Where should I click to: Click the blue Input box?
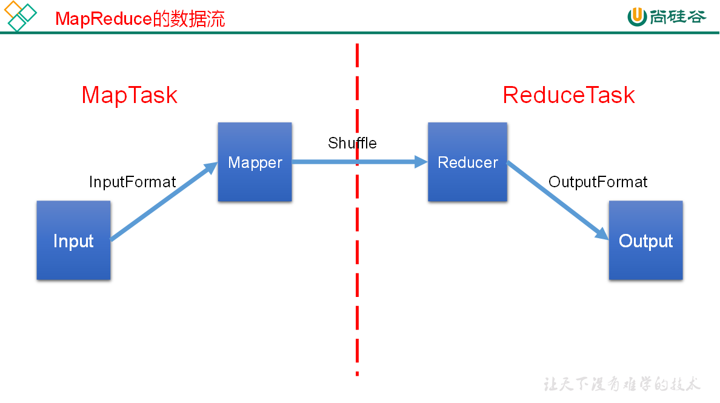click(x=73, y=241)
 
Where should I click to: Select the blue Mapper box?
click(x=255, y=162)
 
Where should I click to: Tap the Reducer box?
click(x=467, y=162)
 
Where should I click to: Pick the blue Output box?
click(x=645, y=241)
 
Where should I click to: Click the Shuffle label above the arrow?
click(x=352, y=143)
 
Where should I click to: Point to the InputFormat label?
click(x=133, y=182)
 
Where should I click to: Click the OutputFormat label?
click(x=598, y=182)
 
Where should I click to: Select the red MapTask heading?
click(x=129, y=95)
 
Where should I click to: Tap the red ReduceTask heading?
click(x=568, y=95)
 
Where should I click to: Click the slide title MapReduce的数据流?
click(x=140, y=19)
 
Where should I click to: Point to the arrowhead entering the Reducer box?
click(x=421, y=162)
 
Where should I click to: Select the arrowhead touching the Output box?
click(x=602, y=233)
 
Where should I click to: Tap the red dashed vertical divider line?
click(x=357, y=273)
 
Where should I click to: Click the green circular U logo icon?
click(x=637, y=17)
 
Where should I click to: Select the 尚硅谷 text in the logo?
click(x=678, y=16)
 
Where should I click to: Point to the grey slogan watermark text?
click(x=622, y=384)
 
